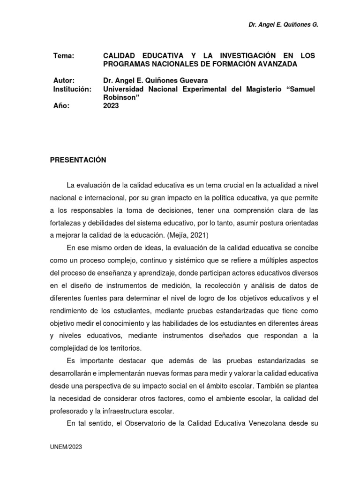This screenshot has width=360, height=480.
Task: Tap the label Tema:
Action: tap(64, 56)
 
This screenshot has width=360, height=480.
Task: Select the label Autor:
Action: tap(64, 81)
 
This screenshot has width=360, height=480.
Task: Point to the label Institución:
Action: tap(72, 89)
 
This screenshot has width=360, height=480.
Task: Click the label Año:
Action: tap(61, 106)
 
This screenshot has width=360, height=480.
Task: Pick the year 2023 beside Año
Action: tap(111, 106)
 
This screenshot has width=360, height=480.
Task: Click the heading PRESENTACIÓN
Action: tap(78, 160)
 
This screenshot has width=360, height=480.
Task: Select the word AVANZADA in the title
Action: tap(276, 64)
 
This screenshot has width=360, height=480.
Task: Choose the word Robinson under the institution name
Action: tap(118, 97)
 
